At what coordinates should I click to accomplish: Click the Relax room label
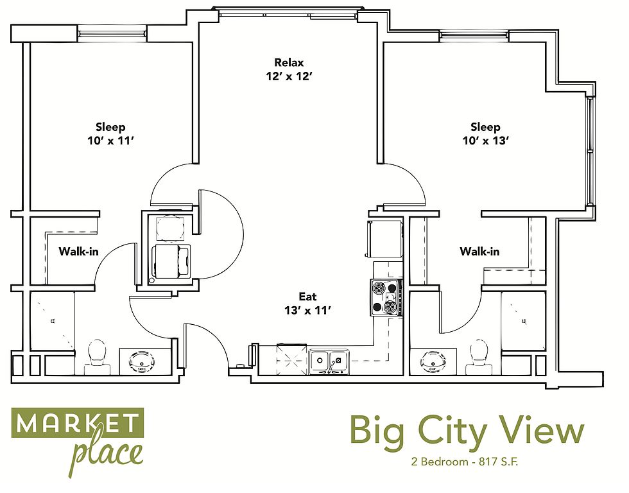click(289, 62)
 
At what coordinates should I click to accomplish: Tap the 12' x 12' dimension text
click(289, 76)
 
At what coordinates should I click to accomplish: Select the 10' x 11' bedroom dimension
click(110, 141)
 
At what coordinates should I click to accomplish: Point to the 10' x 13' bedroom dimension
click(486, 141)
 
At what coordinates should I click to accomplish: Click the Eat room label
click(307, 297)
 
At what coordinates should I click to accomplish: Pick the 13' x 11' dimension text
click(307, 311)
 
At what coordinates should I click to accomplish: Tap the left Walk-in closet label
click(78, 252)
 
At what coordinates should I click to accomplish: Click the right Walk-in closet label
click(479, 252)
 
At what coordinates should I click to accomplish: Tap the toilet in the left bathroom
click(97, 358)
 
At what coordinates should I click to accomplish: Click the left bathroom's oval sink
click(141, 362)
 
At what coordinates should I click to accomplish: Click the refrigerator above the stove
click(384, 239)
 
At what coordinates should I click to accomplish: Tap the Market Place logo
click(78, 441)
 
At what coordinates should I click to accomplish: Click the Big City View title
click(467, 430)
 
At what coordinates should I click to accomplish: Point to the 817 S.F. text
click(499, 462)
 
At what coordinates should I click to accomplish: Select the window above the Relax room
click(288, 13)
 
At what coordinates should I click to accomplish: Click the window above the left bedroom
click(112, 33)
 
